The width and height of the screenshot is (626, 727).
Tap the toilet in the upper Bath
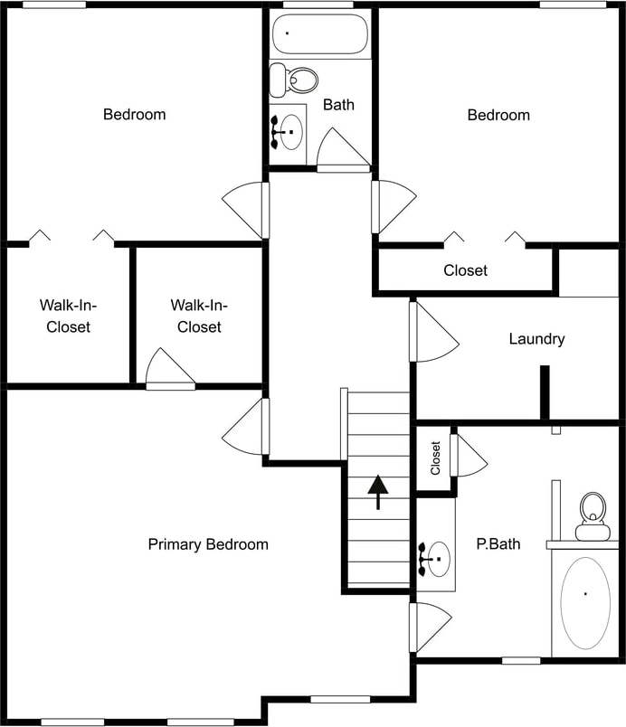(x=296, y=80)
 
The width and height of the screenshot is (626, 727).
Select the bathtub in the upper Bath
(x=319, y=33)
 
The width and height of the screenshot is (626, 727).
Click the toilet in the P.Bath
(x=593, y=516)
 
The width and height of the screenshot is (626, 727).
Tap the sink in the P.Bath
(x=438, y=559)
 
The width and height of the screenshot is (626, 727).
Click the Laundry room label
(x=536, y=339)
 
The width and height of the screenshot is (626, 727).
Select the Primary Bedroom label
(x=208, y=544)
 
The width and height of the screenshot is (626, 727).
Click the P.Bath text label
(x=498, y=544)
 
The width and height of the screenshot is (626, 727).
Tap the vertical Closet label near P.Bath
(x=435, y=458)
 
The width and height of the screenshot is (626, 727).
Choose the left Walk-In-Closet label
(x=65, y=316)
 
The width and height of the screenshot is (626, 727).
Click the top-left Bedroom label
(x=134, y=115)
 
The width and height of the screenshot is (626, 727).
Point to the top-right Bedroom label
(x=498, y=115)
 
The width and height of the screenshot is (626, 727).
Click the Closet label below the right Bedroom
(x=465, y=270)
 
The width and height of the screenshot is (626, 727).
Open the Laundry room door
(x=435, y=332)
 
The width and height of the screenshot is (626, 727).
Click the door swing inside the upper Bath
(x=339, y=149)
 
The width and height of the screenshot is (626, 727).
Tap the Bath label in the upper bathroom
(x=338, y=105)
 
